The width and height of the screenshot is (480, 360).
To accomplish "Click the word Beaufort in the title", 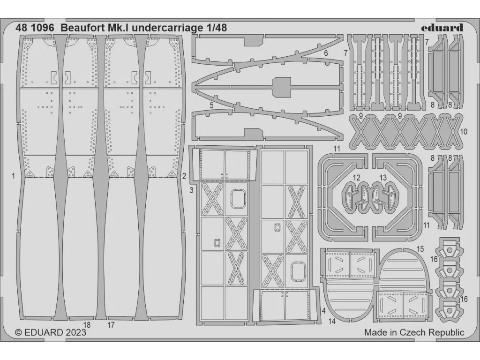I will click(80, 28).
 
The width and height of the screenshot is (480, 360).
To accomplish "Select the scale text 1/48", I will click(216, 28).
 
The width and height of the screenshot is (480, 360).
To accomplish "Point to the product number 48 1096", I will click(34, 28).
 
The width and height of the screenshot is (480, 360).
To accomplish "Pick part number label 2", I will click(184, 176).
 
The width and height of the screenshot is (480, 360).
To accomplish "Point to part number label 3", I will click(192, 189).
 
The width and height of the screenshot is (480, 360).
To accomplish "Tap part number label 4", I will click(324, 310).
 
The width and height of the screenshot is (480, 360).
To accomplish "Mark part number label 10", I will click(464, 132).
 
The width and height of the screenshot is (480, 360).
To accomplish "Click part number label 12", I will click(357, 178).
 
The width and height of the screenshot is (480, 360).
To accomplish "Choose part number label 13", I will click(383, 178).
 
